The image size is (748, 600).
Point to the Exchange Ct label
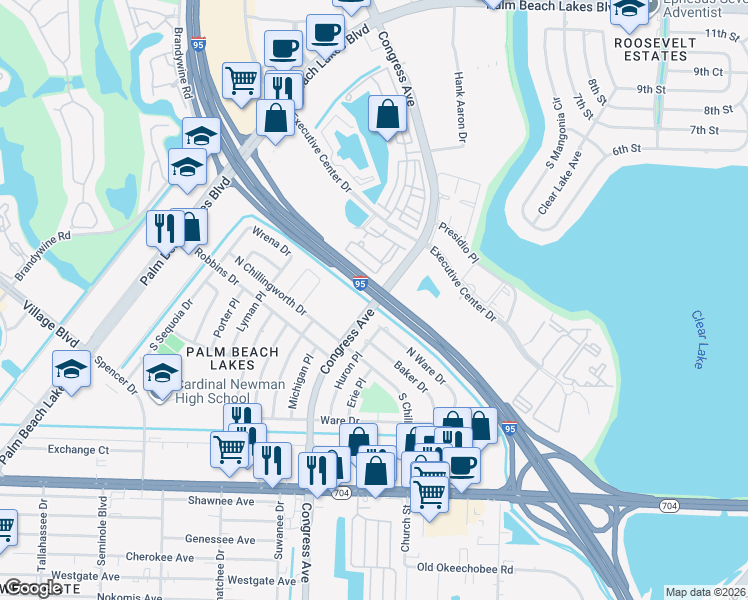coord(77,450)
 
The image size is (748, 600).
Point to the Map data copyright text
coord(705,592)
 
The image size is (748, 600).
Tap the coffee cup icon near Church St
coord(461,465)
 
